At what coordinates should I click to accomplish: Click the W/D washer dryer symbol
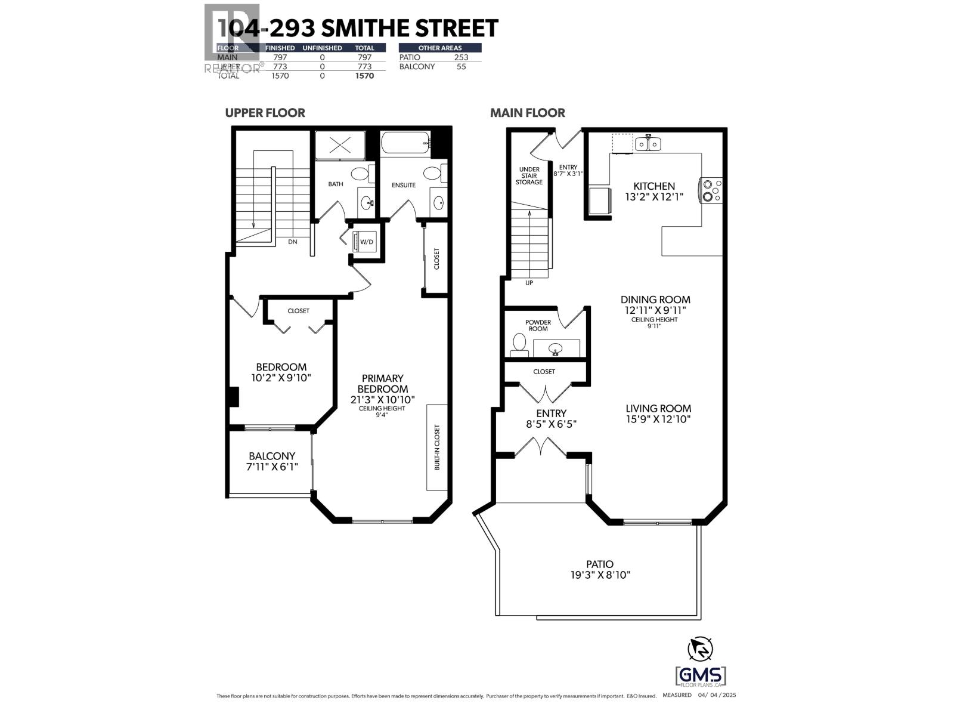click(366, 242)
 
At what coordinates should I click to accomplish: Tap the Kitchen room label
click(654, 186)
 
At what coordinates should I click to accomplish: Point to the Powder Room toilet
click(519, 345)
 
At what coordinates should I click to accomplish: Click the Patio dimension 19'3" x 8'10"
click(599, 575)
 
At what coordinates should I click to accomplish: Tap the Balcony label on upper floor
click(272, 456)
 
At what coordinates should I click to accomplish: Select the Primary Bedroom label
click(383, 383)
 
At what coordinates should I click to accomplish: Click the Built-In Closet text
click(437, 447)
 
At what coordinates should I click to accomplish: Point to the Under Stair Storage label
click(529, 175)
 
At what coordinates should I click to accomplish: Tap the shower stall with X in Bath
click(340, 145)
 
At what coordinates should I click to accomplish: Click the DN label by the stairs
click(292, 242)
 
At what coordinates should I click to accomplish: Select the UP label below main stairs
click(529, 283)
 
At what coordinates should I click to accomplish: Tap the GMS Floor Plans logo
click(701, 677)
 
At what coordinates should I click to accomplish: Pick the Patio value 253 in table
click(460, 57)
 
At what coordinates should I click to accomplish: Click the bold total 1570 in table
click(364, 76)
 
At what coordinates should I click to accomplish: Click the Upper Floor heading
click(265, 113)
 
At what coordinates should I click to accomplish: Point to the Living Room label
click(658, 408)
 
